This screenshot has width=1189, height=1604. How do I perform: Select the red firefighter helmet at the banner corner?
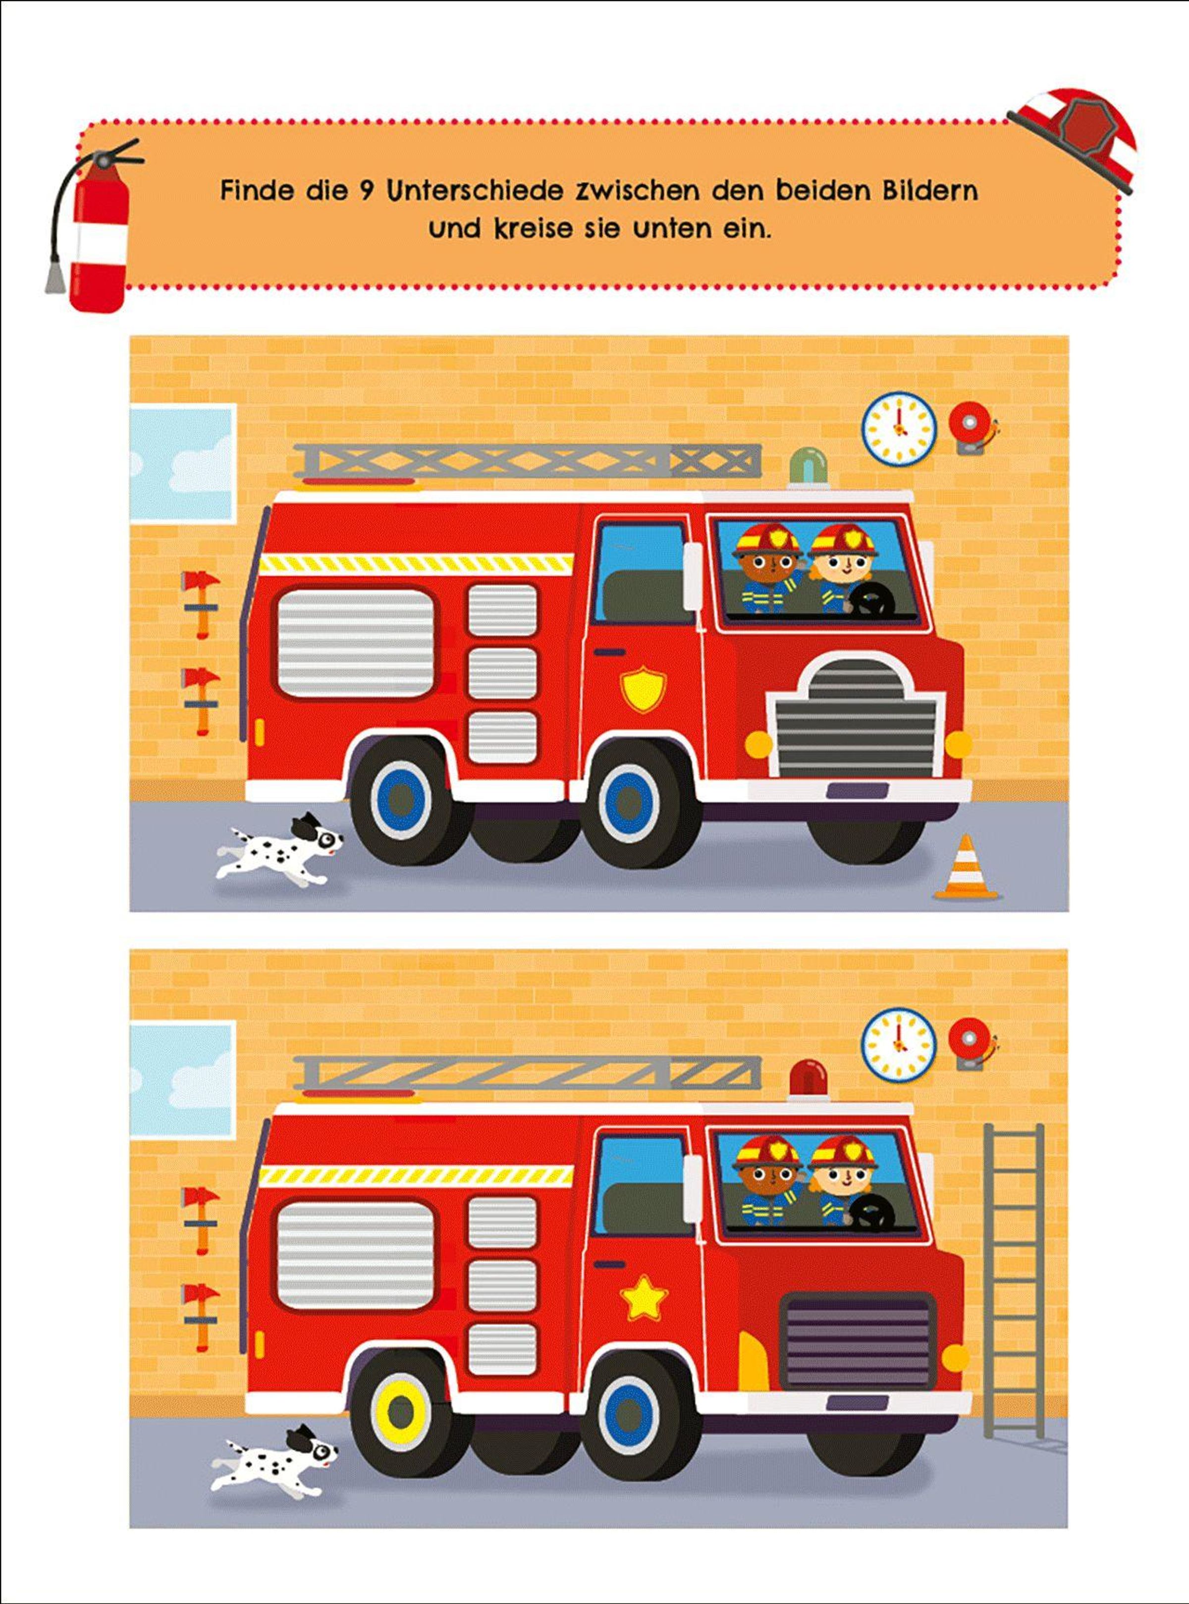click(1075, 137)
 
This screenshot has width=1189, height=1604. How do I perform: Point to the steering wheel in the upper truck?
click(872, 596)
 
